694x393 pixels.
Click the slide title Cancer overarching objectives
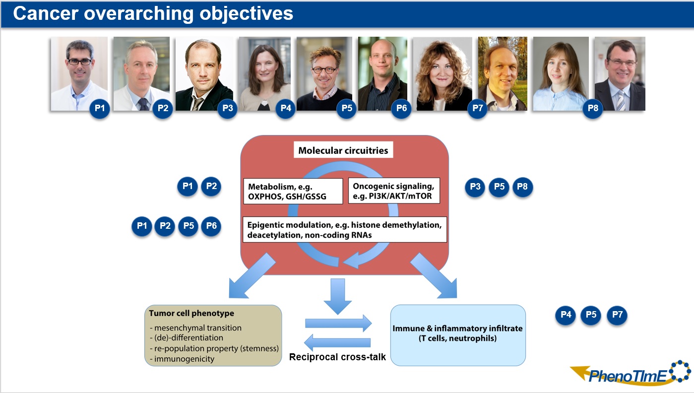pos(153,14)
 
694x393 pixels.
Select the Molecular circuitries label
pos(343,150)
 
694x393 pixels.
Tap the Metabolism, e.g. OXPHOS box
pos(293,192)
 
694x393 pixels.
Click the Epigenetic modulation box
pos(345,230)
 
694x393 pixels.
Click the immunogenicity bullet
pos(182,358)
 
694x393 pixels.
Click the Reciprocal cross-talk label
pos(337,357)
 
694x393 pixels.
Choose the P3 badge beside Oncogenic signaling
pos(475,187)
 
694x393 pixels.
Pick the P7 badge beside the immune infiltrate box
pos(617,315)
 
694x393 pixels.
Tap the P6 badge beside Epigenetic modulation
pos(211,226)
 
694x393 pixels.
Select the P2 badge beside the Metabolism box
pos(211,187)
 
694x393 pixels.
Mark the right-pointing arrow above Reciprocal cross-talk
pos(338,323)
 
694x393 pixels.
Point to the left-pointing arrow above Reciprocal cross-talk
pos(337,342)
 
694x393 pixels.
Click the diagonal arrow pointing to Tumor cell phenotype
pos(252,279)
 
